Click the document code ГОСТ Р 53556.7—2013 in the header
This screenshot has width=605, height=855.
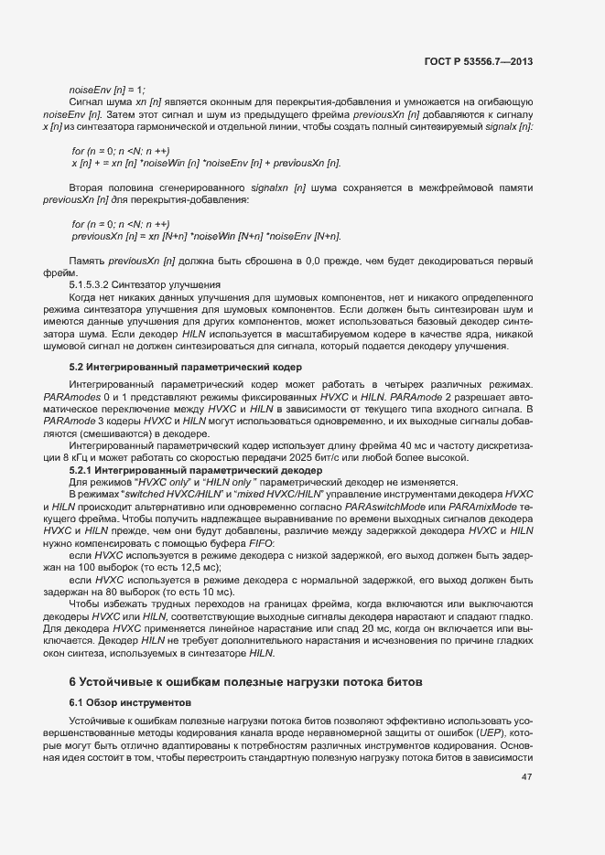[x=479, y=61]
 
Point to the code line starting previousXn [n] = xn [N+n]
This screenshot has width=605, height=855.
[x=206, y=236]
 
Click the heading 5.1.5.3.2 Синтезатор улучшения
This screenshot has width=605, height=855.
[x=145, y=283]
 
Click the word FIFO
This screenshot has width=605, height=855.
[x=260, y=544]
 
